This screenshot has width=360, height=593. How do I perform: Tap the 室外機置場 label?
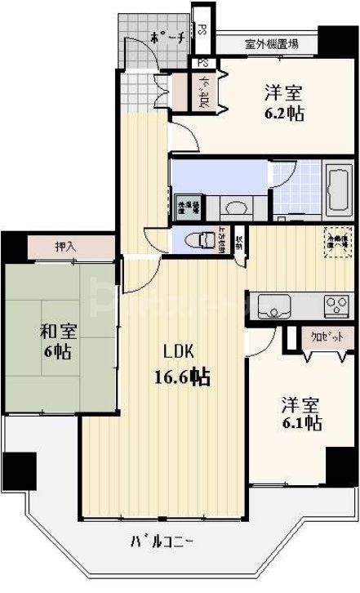point(270,44)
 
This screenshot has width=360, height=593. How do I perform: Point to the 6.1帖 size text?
point(302,423)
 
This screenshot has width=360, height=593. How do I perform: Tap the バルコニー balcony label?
point(161,541)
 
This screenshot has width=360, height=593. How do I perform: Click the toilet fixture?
point(197,240)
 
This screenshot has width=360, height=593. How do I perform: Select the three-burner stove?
point(336,306)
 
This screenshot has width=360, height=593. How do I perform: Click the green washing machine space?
point(187,204)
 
